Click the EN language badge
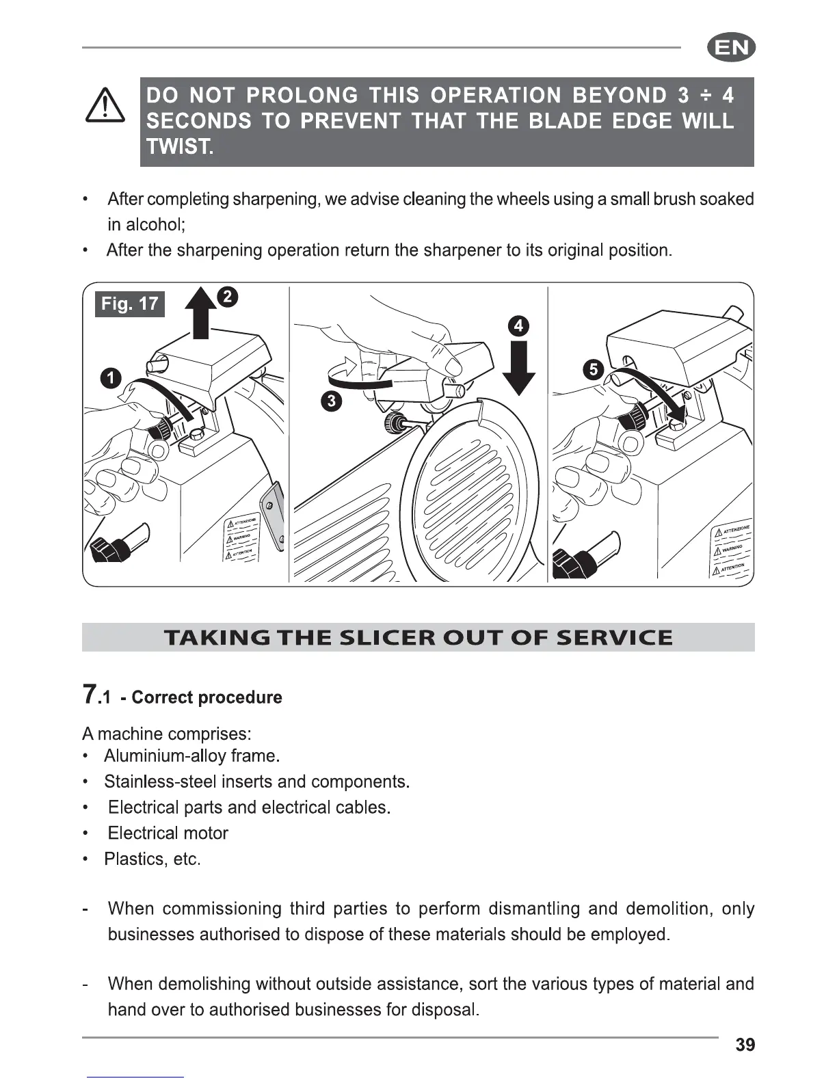coord(731,49)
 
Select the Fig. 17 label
coord(129,304)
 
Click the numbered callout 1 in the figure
coord(110,377)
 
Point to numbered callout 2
coord(227,297)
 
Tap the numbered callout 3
coord(331,401)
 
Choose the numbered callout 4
coord(518,325)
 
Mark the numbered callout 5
coord(593,370)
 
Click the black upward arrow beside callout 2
coord(200,315)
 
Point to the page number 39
coord(745,1045)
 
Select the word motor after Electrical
coord(206,833)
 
